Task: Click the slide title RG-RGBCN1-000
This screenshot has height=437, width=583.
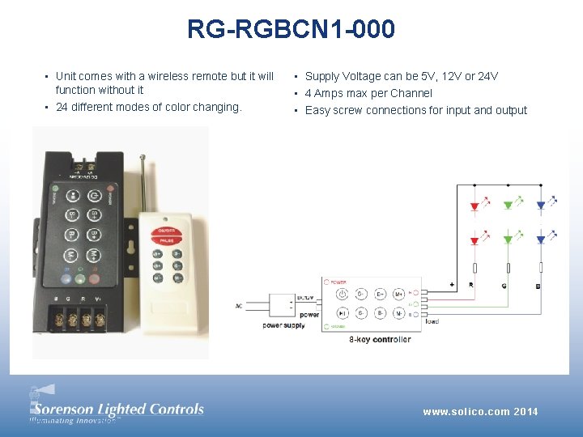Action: [291, 30]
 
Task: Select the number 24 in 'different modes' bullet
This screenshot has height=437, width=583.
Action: [62, 107]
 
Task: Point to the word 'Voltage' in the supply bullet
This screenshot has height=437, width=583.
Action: [360, 76]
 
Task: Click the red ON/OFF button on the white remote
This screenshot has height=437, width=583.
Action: [166, 231]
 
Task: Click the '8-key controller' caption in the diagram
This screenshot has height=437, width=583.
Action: [380, 339]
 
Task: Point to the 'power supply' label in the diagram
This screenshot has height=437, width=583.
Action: [283, 325]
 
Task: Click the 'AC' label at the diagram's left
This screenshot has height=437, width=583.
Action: [238, 305]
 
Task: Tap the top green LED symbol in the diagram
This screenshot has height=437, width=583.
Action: [508, 206]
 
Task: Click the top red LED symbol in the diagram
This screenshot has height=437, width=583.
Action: [474, 206]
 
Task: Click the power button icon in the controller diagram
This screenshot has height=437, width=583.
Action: [343, 294]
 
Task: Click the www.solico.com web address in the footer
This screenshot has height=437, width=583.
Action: [466, 412]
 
